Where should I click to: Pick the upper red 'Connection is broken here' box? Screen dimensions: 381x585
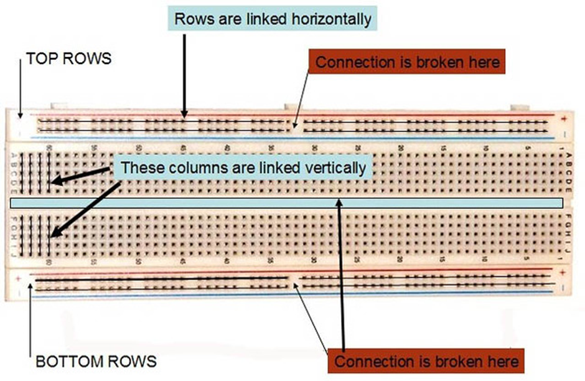point(407,62)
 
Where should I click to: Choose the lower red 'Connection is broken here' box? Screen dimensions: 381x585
point(426,361)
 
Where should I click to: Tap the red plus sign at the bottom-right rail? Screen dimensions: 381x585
point(562,273)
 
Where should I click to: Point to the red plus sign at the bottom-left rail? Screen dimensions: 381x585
point(19,278)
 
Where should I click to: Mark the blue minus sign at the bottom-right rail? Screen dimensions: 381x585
point(563,287)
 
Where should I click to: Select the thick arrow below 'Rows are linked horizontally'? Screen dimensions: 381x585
point(184,75)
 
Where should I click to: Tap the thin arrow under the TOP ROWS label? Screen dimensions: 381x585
point(21,90)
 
